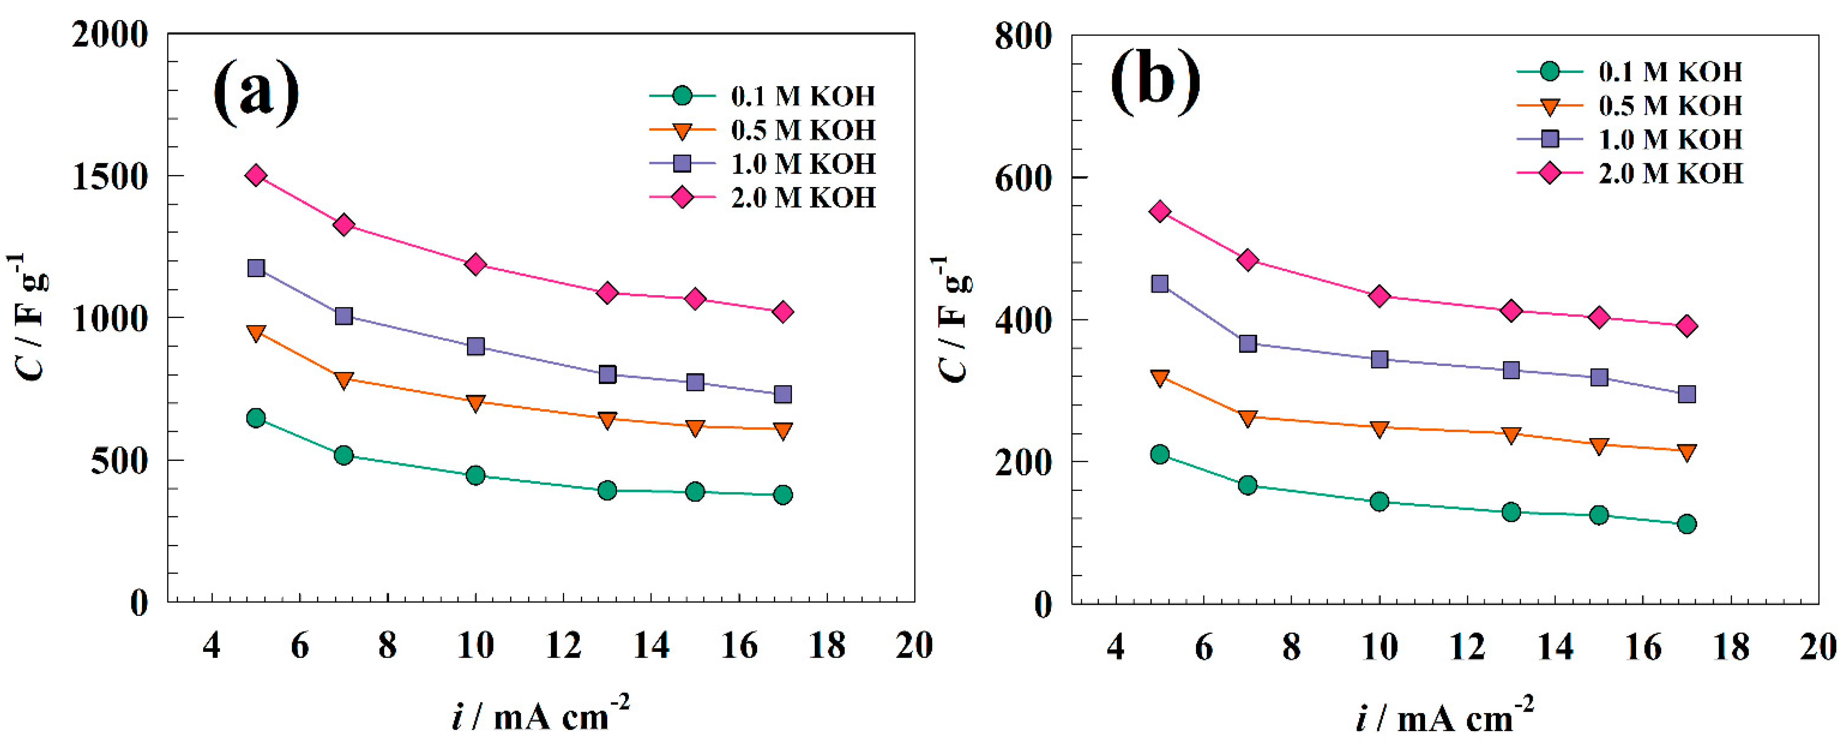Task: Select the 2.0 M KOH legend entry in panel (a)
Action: pyautogui.click(x=802, y=198)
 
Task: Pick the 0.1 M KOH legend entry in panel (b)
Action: pyautogui.click(x=1670, y=72)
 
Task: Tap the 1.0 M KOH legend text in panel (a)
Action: pyautogui.click(x=802, y=164)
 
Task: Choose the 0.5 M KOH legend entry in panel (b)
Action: pyautogui.click(x=1670, y=106)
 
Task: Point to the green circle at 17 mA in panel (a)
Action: pyautogui.click(x=783, y=495)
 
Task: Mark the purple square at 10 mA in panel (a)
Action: pyautogui.click(x=475, y=347)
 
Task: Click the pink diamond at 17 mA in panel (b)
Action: pyautogui.click(x=1687, y=326)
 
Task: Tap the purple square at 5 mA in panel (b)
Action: pyautogui.click(x=1160, y=284)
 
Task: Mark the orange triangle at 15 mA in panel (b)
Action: pyautogui.click(x=1600, y=446)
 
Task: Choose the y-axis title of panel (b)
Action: pyautogui.click(x=954, y=318)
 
